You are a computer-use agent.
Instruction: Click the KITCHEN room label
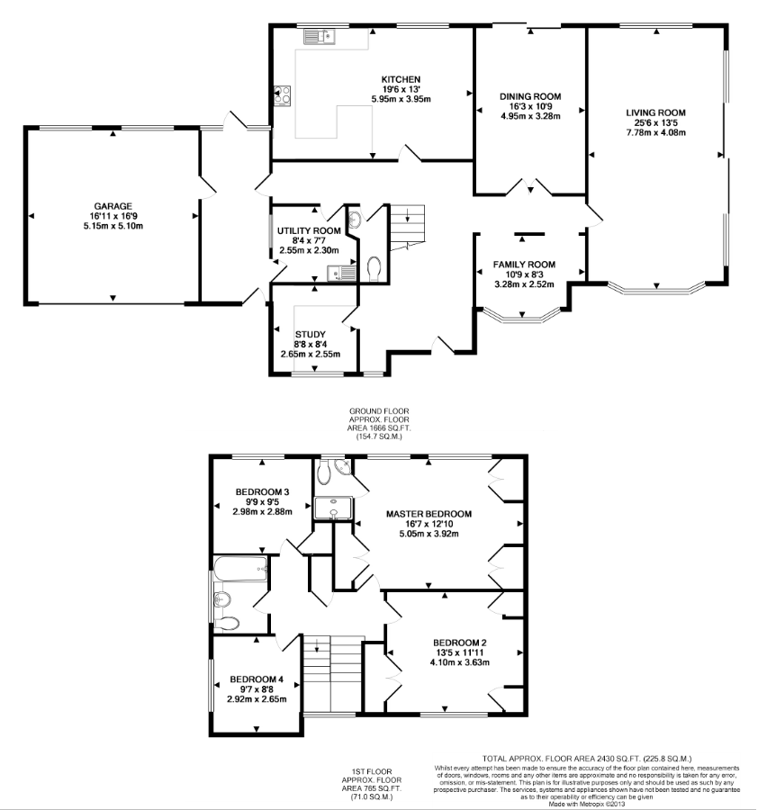click(x=401, y=79)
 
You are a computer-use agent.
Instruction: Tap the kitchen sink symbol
click(x=320, y=37)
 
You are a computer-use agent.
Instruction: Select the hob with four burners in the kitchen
click(x=282, y=95)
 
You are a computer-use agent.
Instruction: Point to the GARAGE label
click(x=113, y=206)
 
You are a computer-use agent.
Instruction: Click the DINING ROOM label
click(x=530, y=96)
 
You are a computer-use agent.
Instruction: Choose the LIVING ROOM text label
click(x=655, y=112)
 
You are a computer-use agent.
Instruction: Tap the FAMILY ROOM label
click(x=524, y=265)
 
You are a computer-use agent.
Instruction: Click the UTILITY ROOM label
click(x=309, y=231)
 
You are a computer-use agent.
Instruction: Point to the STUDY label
click(x=310, y=334)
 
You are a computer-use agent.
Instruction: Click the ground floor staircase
click(x=407, y=228)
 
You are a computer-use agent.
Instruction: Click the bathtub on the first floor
click(x=240, y=569)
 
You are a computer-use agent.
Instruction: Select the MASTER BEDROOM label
click(x=429, y=514)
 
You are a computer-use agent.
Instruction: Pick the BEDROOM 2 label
click(x=459, y=643)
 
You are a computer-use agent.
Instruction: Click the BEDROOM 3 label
click(x=262, y=491)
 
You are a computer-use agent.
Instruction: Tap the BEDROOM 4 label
click(x=257, y=679)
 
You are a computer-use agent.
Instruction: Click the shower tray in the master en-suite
click(x=333, y=508)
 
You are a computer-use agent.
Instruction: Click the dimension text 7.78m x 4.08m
click(x=655, y=133)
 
